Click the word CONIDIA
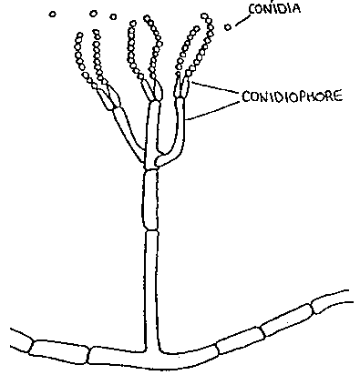274,8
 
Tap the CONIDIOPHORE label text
293,96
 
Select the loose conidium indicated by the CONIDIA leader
228,27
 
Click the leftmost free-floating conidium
53,14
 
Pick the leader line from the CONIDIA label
242,20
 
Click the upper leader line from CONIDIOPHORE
215,87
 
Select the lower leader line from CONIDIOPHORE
213,110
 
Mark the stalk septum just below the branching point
151,170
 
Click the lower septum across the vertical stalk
152,230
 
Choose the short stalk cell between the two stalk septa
150,200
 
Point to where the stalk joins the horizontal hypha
152,353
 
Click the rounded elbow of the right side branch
159,160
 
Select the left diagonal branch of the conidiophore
128,134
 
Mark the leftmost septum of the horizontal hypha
31,346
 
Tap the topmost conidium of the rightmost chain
204,16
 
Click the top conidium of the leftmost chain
80,35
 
